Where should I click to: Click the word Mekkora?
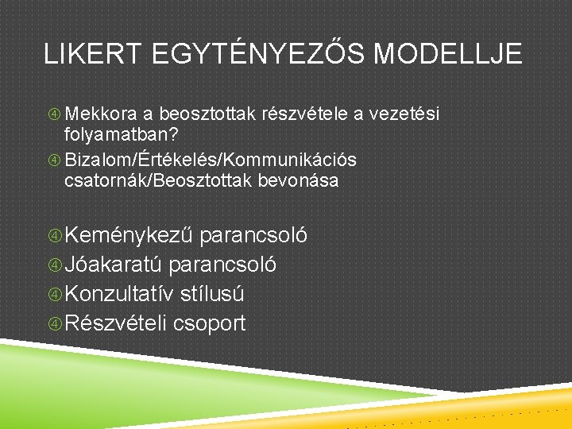point(98,115)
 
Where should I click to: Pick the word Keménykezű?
point(129,236)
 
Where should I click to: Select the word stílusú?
point(212,295)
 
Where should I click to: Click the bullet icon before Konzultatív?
point(54,295)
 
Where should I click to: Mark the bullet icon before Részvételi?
point(54,324)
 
